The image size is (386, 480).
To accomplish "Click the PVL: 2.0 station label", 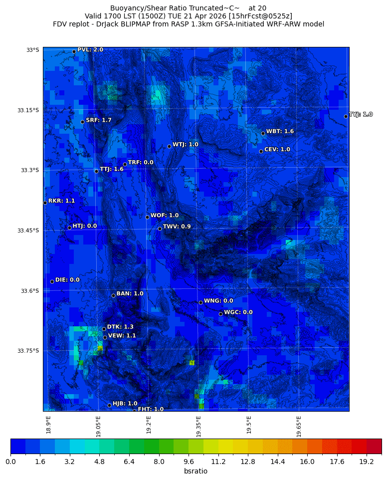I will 90,50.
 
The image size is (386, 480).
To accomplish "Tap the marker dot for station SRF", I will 82,122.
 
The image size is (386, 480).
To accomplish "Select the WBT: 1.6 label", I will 280,132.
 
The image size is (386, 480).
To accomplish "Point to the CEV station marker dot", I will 261,151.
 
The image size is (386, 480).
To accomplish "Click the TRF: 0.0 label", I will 141,163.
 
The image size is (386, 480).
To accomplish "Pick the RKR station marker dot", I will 45,203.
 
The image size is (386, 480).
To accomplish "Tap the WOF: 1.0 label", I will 164,216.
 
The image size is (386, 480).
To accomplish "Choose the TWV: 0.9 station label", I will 177,227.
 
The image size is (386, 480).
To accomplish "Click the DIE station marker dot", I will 52,281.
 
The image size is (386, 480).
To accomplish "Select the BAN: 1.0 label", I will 130,294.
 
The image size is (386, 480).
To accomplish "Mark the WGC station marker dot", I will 220,314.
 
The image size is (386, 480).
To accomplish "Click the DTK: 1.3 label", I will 120,327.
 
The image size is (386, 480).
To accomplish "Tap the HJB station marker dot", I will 109,405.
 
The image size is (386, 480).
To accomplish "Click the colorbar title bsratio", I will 195,471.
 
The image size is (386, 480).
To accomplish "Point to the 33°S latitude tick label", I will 32,50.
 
